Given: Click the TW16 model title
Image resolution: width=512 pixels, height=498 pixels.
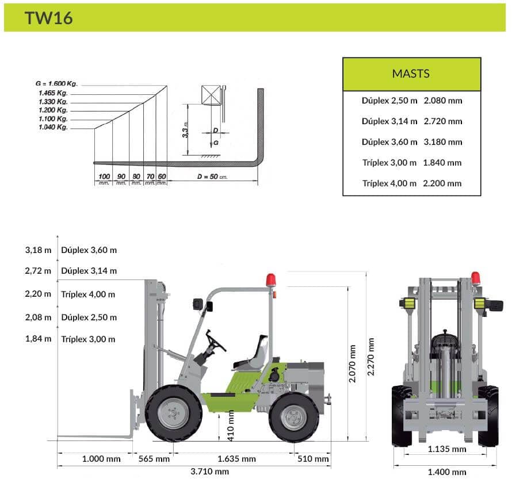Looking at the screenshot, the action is point(48,18).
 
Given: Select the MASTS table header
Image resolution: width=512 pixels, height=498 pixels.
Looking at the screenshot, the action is point(411,74).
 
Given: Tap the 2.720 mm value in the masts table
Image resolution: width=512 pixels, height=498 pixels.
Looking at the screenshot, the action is point(443,121).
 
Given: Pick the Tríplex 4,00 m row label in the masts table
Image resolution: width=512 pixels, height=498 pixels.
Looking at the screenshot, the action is point(389,183).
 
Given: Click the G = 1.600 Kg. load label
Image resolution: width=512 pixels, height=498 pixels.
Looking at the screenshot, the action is point(56,83).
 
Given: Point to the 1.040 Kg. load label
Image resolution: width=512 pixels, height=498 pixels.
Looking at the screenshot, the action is point(54,127).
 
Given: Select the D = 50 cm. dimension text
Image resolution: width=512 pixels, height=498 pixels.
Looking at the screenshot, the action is point(212,177).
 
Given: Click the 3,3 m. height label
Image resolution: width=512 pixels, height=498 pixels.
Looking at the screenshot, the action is point(185,129).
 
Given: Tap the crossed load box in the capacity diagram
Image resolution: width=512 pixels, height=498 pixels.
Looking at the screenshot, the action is point(211,95).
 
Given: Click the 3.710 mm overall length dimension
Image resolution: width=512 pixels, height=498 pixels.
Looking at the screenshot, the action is point(209,472).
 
